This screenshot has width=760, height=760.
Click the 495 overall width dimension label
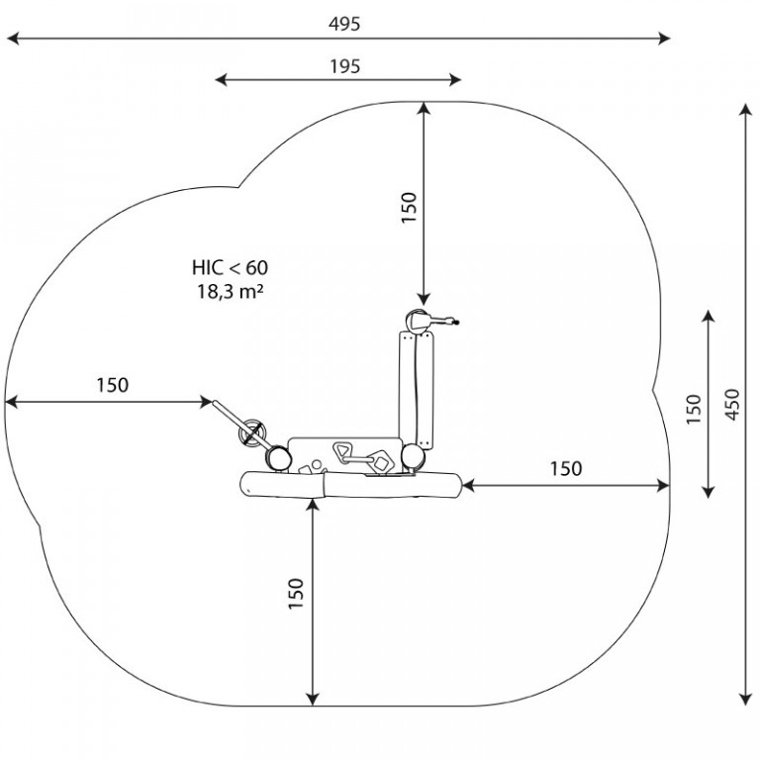[x=344, y=24]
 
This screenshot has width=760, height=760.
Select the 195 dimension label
[x=345, y=66]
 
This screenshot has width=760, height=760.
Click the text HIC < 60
[x=230, y=267]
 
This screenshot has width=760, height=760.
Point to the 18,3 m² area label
[x=230, y=291]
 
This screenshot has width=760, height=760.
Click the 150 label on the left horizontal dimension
[x=113, y=385]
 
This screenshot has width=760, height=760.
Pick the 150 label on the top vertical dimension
[x=409, y=207]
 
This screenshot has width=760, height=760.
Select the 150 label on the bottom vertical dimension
[x=296, y=594]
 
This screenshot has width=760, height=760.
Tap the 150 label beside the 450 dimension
[x=694, y=410]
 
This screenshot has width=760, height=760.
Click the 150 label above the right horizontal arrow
[x=566, y=469]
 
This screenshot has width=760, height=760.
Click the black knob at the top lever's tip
[x=455, y=322]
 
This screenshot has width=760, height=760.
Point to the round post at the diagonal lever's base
[x=278, y=457]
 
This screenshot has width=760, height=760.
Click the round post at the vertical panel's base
[x=413, y=457]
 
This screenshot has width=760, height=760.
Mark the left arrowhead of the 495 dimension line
[x=13, y=39]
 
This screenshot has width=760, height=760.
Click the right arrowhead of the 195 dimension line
[x=455, y=79]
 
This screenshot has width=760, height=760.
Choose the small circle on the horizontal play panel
[x=316, y=464]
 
